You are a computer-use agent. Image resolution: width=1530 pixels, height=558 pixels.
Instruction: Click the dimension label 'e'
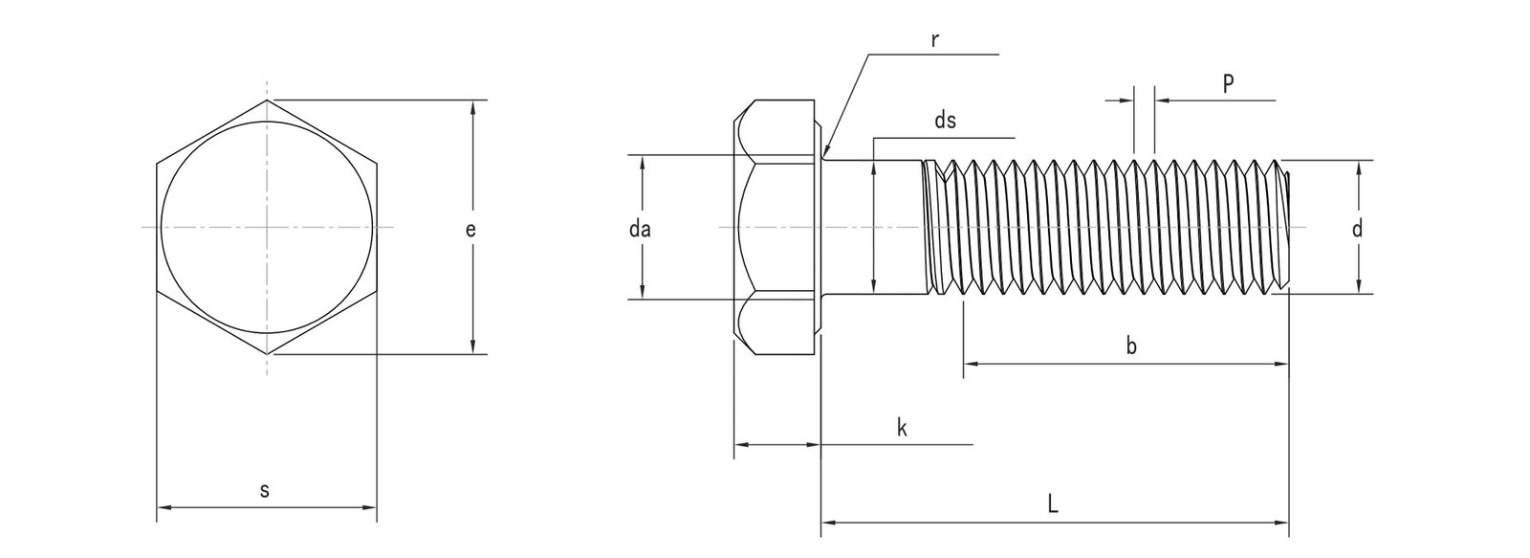[x=469, y=229]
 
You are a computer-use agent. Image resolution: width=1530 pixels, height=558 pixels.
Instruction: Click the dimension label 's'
[x=265, y=491]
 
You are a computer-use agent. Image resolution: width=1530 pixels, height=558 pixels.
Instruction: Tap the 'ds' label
[x=945, y=121]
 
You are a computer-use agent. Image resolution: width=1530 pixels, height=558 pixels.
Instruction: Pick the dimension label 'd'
[x=1357, y=229]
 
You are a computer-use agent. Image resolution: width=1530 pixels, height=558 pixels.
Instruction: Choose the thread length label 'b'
[x=1131, y=347]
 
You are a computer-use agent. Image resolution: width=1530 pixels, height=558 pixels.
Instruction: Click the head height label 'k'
[x=901, y=429]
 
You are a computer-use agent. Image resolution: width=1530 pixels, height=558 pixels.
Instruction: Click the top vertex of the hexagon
[x=268, y=100]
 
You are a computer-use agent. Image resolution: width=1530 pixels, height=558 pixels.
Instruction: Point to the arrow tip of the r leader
[x=824, y=155]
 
